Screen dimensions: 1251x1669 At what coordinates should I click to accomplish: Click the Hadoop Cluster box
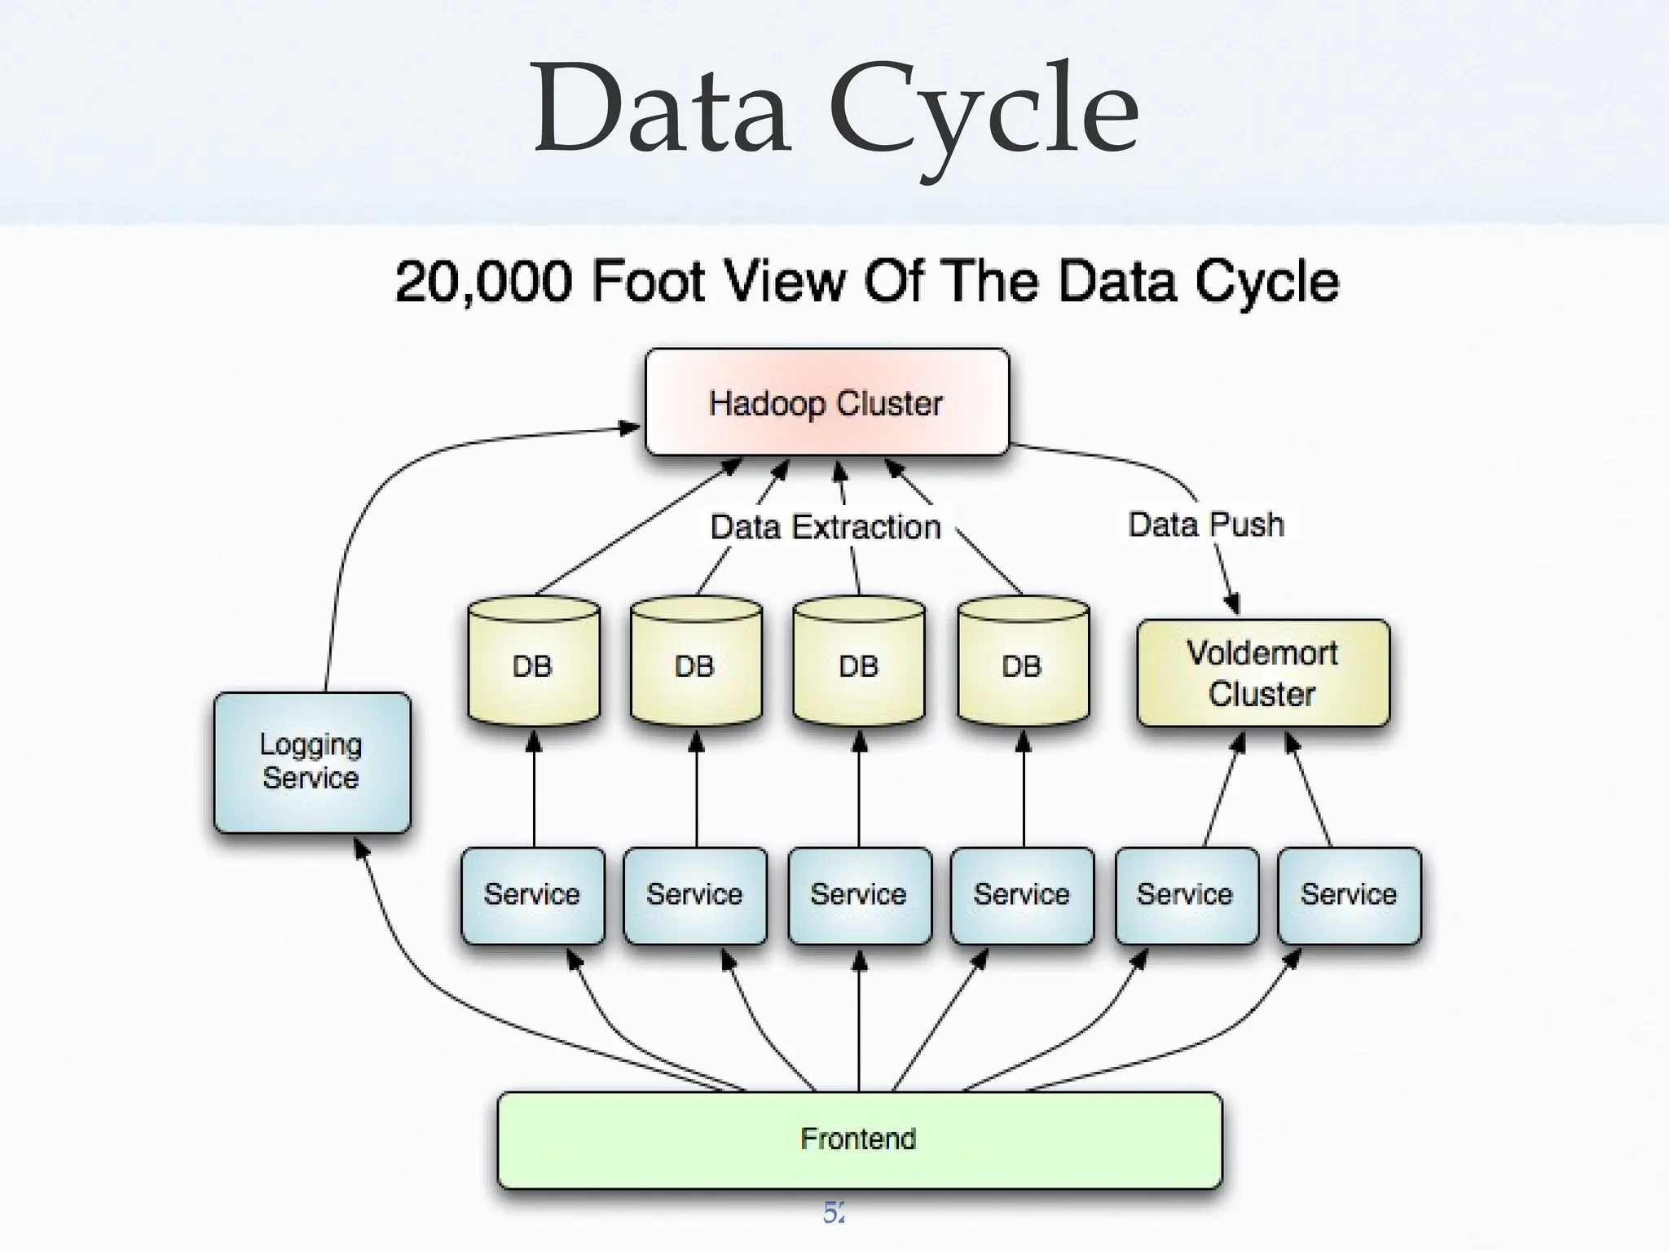(x=826, y=402)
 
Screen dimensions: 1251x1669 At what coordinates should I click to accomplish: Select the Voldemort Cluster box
(x=1262, y=673)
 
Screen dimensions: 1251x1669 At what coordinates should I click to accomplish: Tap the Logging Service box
(x=311, y=762)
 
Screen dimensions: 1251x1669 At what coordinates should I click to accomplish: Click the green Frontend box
(x=859, y=1139)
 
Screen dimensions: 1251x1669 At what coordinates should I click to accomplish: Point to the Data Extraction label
(x=826, y=527)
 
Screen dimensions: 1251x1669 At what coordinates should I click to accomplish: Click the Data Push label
(x=1206, y=525)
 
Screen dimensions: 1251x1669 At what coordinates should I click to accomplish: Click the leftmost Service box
(x=532, y=894)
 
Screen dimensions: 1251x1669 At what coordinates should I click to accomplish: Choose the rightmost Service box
(x=1349, y=894)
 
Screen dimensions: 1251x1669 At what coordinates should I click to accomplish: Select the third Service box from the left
(x=859, y=894)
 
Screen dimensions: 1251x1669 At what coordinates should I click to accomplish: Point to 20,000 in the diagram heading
(x=484, y=282)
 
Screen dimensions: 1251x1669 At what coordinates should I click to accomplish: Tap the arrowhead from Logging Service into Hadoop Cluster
(x=630, y=428)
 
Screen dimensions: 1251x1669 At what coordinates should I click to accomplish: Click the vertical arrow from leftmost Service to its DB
(x=534, y=790)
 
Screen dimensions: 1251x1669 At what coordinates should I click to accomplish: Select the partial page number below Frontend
(x=834, y=1213)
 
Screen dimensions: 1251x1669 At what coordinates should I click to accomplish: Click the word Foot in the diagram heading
(x=648, y=282)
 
